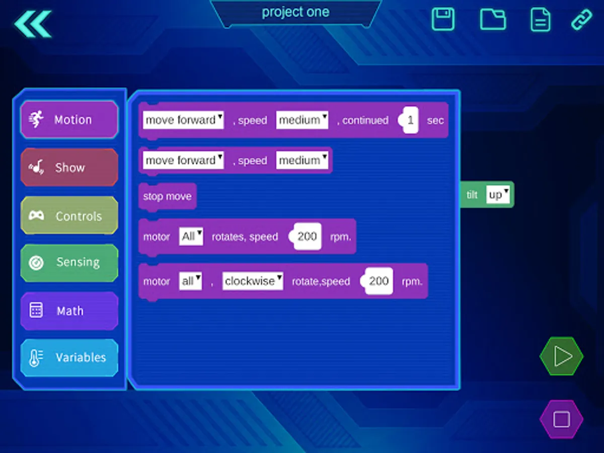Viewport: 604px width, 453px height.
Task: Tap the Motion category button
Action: click(x=69, y=119)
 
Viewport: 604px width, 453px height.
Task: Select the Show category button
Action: click(x=69, y=167)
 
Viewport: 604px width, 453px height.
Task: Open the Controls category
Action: click(x=69, y=215)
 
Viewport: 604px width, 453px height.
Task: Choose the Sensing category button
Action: click(x=69, y=263)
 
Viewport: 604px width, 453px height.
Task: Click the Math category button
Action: click(x=69, y=311)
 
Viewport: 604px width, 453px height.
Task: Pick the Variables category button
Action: click(x=69, y=357)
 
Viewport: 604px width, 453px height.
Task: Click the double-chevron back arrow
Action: click(x=33, y=24)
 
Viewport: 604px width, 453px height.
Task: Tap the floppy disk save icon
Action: click(x=443, y=19)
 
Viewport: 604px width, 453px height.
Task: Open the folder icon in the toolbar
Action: click(x=493, y=19)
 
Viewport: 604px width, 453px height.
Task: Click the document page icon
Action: click(x=541, y=20)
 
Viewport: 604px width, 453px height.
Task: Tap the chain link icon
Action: click(x=581, y=19)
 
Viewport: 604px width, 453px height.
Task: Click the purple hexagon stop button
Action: click(x=561, y=419)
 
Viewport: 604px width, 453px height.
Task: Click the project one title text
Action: click(x=295, y=12)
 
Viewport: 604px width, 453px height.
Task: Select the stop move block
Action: click(x=167, y=196)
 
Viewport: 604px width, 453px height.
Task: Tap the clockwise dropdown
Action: click(x=253, y=281)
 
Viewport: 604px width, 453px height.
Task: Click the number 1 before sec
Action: click(x=410, y=120)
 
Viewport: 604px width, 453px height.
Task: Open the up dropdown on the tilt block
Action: click(x=498, y=194)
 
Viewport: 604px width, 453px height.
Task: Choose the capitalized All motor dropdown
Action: click(x=191, y=236)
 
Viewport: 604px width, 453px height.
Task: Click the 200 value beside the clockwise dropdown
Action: click(x=379, y=281)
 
